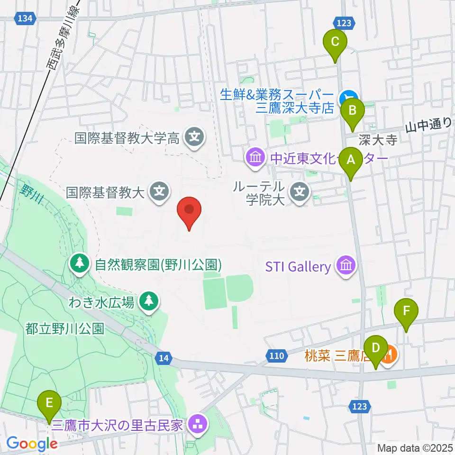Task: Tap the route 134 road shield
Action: coord(24,18)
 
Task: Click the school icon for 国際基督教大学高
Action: coord(194,138)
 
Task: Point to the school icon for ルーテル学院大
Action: coord(300,192)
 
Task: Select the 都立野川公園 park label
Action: coord(65,329)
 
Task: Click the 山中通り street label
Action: coord(429,125)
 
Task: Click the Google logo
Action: coord(32,443)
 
